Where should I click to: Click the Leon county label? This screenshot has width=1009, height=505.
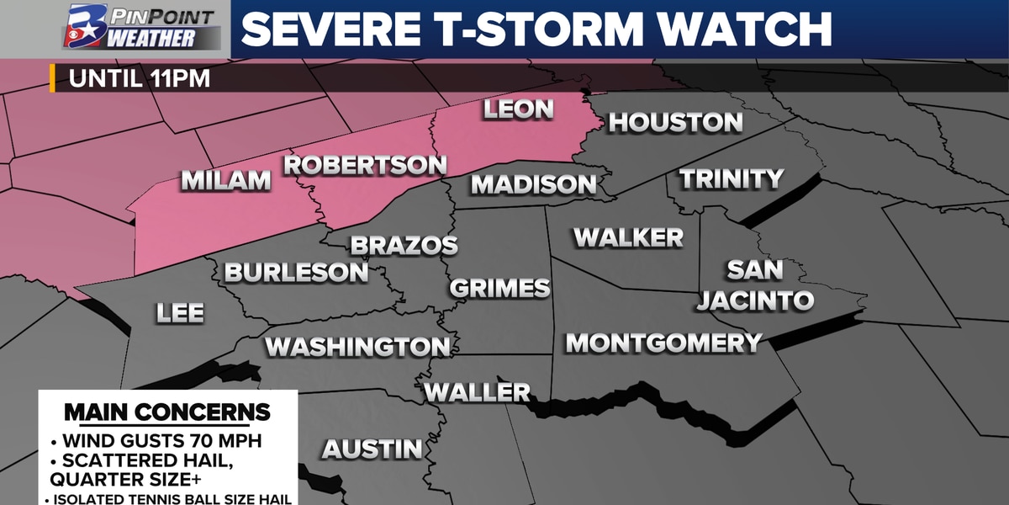click(518, 109)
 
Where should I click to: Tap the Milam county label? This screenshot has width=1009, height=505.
click(226, 181)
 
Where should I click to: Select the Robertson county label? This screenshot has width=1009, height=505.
click(364, 165)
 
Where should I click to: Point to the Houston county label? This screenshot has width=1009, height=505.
click(675, 123)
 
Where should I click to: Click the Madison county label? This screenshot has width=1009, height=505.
click(534, 184)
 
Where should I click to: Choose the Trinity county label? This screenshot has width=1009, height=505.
click(732, 179)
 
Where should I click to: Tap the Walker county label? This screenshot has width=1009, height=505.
click(628, 238)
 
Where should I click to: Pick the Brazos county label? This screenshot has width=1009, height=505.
click(404, 246)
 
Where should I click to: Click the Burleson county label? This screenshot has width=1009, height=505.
click(296, 273)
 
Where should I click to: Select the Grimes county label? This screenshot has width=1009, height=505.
click(499, 289)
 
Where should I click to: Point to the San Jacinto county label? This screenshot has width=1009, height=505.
click(755, 285)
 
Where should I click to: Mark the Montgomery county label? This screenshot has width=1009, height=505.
click(663, 343)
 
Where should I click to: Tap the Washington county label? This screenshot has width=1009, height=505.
click(357, 347)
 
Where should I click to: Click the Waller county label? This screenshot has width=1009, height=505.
click(477, 392)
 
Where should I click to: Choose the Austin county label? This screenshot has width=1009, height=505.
click(372, 449)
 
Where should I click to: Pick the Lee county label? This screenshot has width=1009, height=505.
click(180, 314)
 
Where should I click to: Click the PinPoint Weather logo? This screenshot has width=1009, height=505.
click(140, 28)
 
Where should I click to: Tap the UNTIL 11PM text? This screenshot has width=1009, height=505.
click(139, 80)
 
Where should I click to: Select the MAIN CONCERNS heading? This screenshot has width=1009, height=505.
click(167, 412)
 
